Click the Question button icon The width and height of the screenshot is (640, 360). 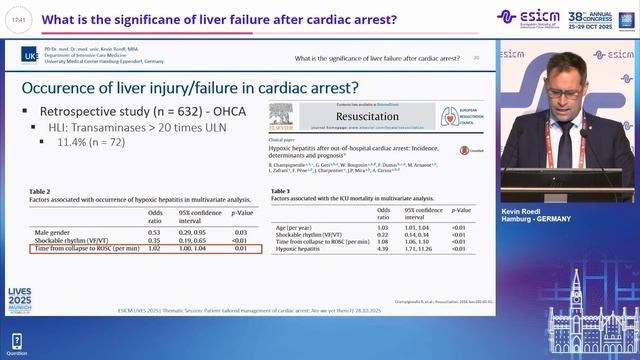pyautogui.click(x=17, y=341)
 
